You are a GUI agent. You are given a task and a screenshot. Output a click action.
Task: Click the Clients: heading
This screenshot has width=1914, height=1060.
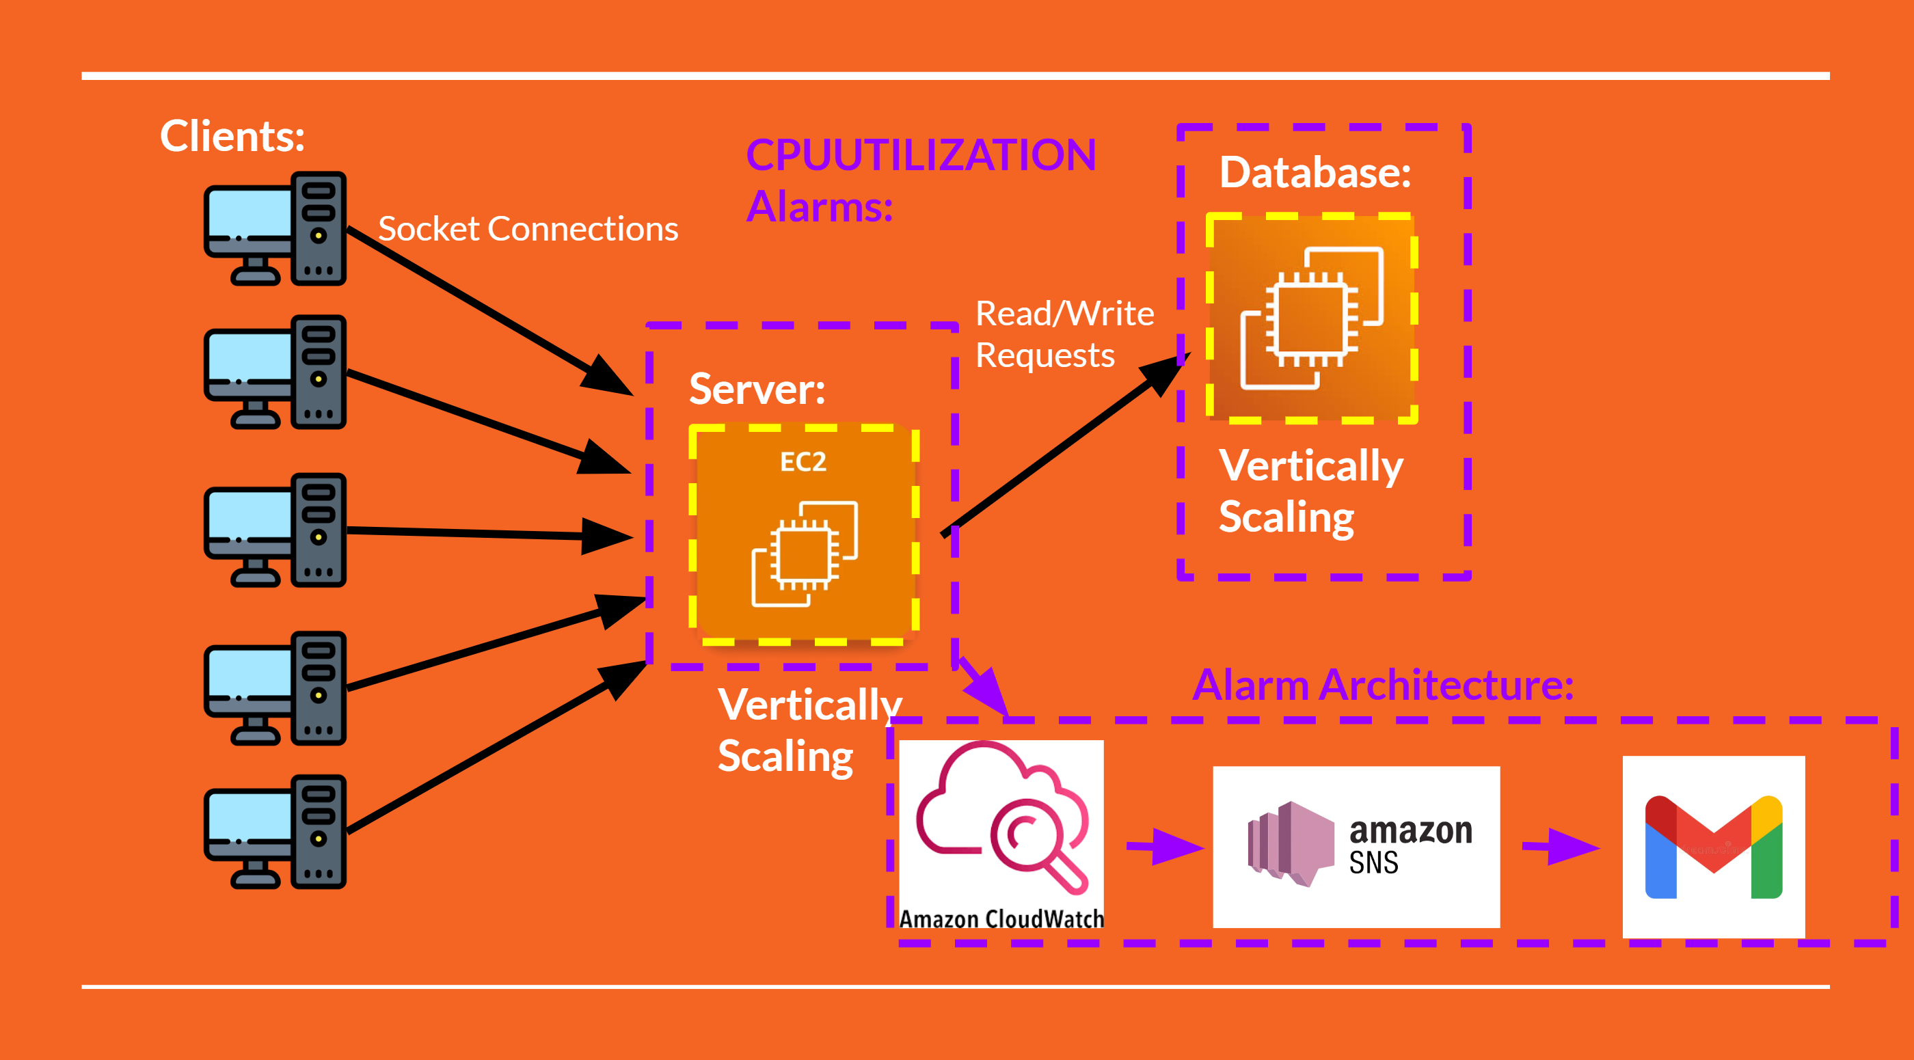click(x=232, y=136)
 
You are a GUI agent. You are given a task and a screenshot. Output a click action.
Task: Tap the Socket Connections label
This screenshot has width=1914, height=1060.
click(x=528, y=229)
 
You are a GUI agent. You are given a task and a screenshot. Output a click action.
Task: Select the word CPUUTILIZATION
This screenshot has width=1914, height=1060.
click(x=921, y=155)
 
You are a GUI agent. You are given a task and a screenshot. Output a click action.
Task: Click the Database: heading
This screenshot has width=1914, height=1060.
click(x=1315, y=172)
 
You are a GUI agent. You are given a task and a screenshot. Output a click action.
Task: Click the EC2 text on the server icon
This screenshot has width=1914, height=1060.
click(x=803, y=462)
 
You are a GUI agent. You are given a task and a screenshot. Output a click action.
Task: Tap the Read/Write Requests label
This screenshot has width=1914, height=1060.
click(x=1064, y=334)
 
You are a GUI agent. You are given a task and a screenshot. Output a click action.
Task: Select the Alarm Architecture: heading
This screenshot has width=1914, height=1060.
click(x=1382, y=684)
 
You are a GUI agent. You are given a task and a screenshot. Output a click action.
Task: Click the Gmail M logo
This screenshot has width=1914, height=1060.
click(x=1714, y=847)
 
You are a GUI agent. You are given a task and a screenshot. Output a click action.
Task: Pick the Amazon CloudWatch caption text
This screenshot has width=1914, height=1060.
click(x=1001, y=919)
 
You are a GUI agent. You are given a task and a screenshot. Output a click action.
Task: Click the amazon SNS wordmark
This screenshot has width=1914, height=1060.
click(x=1410, y=845)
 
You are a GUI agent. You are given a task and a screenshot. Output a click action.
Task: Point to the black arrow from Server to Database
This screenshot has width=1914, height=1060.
click(x=1062, y=446)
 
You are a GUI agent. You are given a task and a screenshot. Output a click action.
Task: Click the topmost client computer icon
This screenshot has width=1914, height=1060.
click(x=275, y=229)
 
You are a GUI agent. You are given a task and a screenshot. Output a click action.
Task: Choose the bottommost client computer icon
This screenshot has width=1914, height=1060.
click(x=275, y=832)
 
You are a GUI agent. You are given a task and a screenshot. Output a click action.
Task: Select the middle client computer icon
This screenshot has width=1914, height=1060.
click(x=275, y=530)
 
